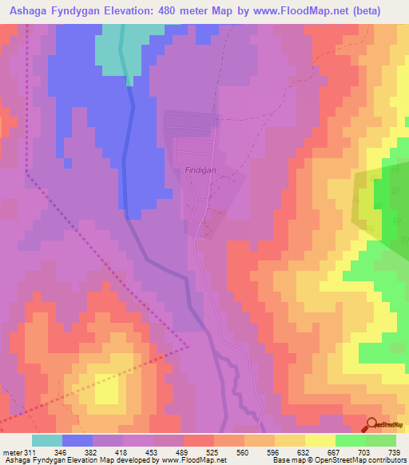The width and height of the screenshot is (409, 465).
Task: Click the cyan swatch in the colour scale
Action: (x=47, y=440)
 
